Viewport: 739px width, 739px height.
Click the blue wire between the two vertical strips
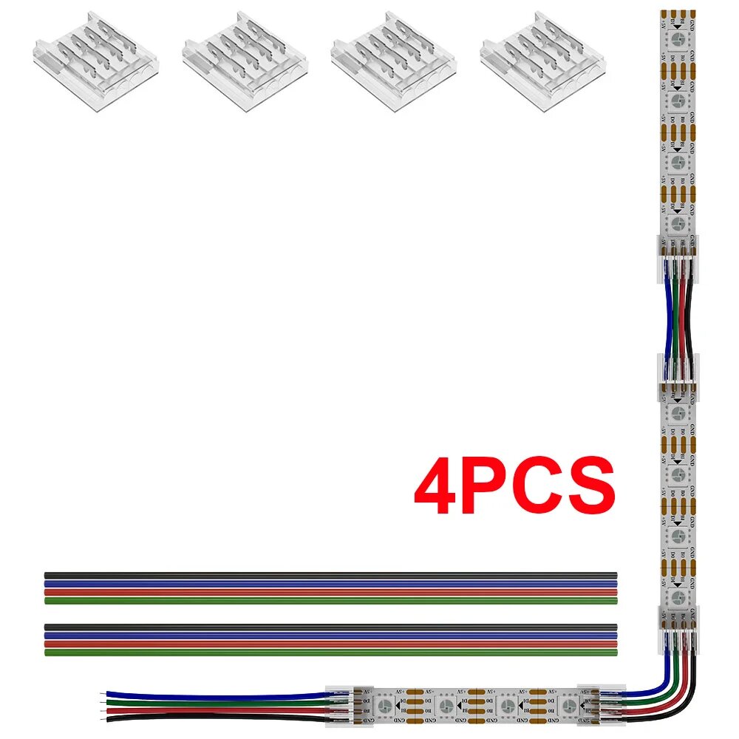(x=667, y=318)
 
